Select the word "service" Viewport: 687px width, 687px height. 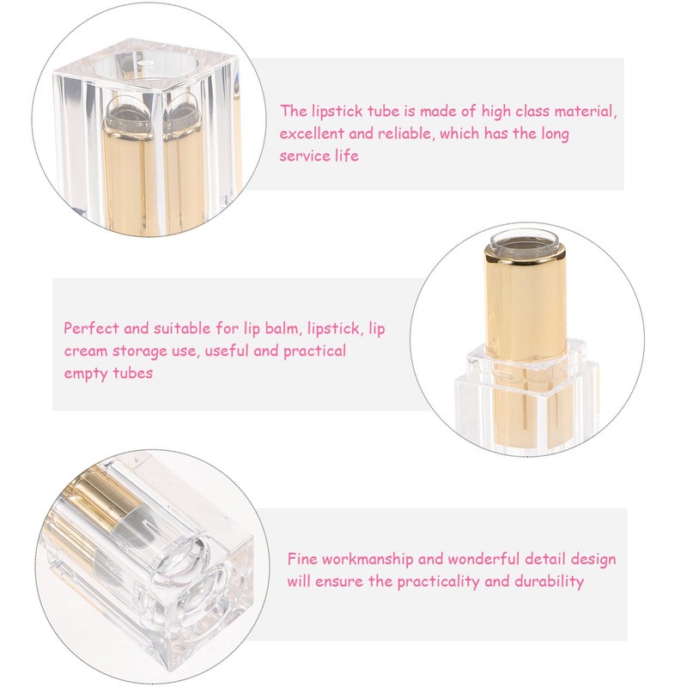click(x=305, y=155)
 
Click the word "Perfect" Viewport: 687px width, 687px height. click(x=91, y=328)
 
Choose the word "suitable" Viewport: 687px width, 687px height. click(x=178, y=328)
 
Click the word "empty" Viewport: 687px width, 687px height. click(x=85, y=373)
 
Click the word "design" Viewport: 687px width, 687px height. click(x=593, y=559)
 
